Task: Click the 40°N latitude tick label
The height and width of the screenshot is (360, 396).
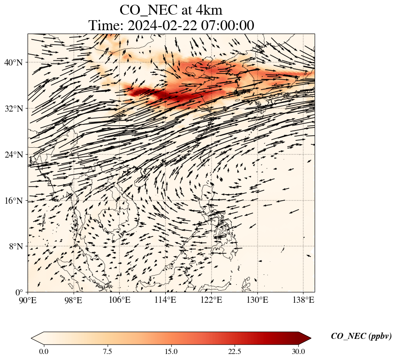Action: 16,62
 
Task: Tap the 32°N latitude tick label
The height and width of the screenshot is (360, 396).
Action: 16,109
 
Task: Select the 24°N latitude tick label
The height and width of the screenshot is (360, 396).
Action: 16,155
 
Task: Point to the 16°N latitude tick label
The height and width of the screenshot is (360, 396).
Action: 16,201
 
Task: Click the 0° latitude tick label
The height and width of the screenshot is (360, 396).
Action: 21,292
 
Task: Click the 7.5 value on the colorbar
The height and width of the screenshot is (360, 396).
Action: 107,351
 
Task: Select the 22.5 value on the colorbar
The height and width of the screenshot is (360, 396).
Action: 235,351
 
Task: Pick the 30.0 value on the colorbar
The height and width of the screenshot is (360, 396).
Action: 298,351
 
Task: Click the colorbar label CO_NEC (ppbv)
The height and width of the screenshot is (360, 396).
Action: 361,336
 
